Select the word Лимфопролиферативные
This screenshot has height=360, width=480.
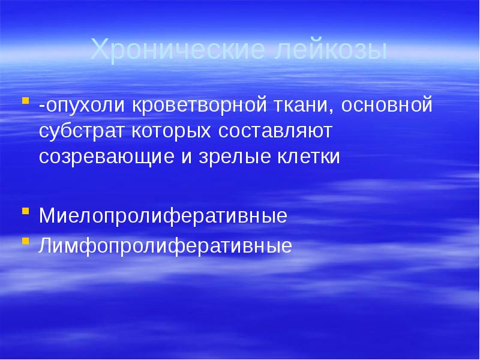point(166,245)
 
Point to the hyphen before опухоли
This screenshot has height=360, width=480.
point(42,107)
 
